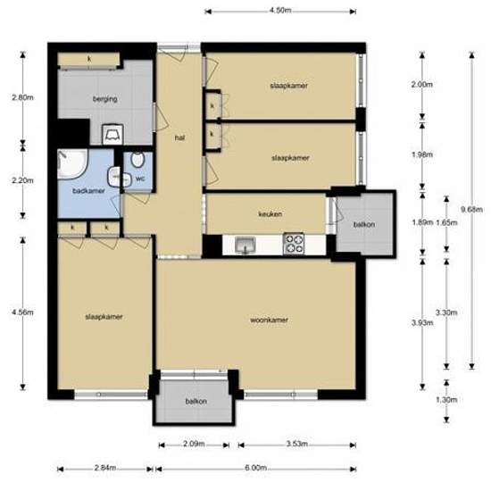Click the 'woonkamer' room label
269,320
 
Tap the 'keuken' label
270,214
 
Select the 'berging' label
105,99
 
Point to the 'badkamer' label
88,191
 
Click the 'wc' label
140,179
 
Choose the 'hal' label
179,137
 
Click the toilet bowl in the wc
137,160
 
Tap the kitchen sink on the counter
245,245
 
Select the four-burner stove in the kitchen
294,244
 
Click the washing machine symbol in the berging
112,134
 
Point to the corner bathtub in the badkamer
71,163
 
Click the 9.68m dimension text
471,209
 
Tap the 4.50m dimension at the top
280,11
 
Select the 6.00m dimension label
256,468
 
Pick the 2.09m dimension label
194,444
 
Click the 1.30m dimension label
446,400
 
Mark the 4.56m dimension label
22,312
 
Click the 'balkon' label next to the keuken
364,224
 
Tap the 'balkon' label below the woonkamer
196,401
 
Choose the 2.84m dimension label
105,468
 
